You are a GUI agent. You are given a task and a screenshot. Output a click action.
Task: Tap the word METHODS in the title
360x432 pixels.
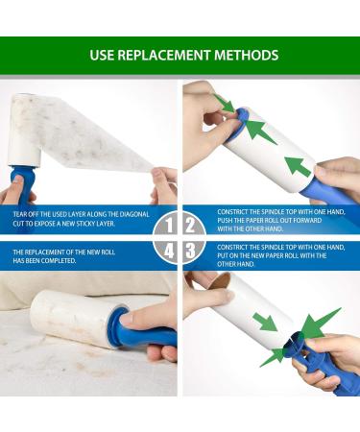pos(247,55)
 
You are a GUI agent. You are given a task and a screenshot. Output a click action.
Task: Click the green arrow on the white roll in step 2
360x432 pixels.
pos(300,165)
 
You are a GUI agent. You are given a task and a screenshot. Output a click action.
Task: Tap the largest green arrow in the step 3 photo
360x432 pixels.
pos(322,326)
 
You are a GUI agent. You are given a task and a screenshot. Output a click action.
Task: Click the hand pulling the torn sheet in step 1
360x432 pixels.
pos(165,182)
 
